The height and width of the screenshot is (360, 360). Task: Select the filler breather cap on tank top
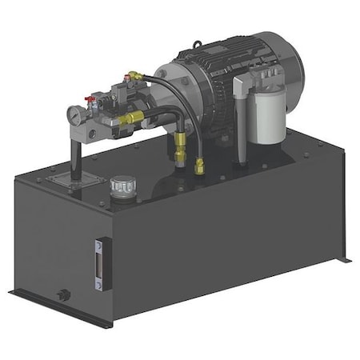[122, 187]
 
